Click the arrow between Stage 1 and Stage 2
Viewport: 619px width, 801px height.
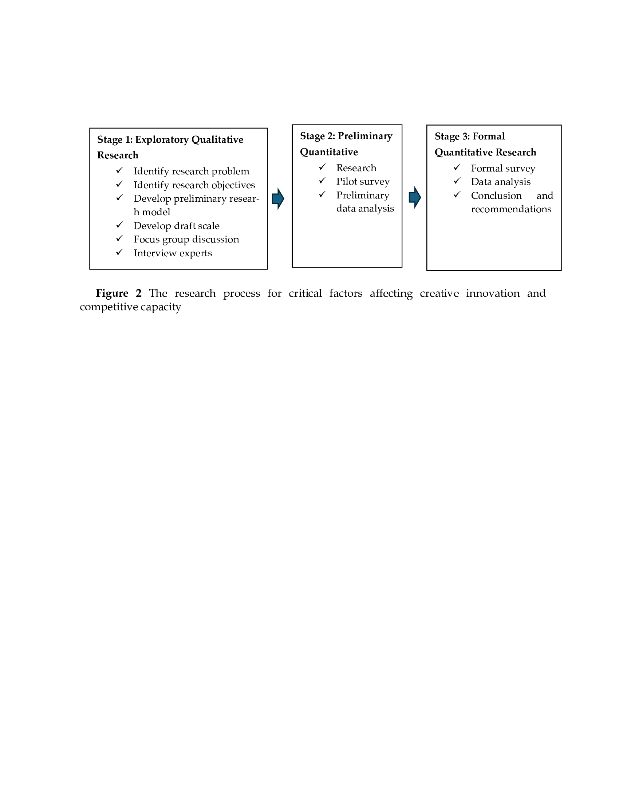[x=278, y=199]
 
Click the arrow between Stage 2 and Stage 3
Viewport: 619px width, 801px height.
[x=414, y=197]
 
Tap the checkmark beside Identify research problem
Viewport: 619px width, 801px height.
[x=119, y=170]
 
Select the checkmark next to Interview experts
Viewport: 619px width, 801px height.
[x=119, y=252]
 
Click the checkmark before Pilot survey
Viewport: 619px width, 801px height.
[x=322, y=181]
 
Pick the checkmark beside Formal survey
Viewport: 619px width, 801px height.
[x=457, y=167]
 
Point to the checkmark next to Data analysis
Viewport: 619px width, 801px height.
[x=457, y=181]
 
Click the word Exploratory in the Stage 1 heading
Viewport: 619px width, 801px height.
[x=162, y=140]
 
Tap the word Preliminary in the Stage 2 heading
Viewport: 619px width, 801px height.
[x=365, y=136]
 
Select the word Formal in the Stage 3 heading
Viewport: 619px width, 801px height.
[x=488, y=137]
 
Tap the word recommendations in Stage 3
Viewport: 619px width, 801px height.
[x=511, y=209]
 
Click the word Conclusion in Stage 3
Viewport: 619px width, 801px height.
[x=496, y=196]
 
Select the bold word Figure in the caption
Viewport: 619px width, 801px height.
[x=112, y=293]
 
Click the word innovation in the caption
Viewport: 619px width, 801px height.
[x=493, y=293]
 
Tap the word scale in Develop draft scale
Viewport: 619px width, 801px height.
[x=208, y=226]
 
